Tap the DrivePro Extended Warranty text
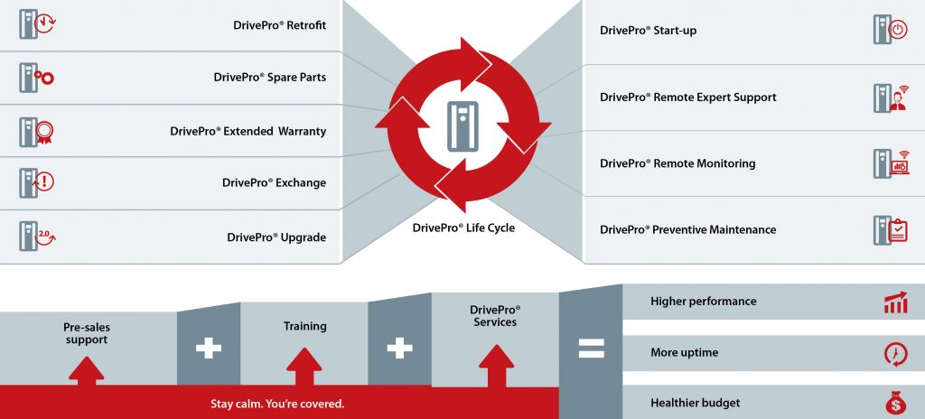[248, 131]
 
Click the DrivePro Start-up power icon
[889, 30]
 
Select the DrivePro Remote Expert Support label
[687, 98]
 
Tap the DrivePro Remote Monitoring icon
[891, 163]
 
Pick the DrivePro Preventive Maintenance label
[687, 230]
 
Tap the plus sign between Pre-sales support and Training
[209, 349]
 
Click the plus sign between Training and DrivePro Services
[399, 349]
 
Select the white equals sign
[591, 349]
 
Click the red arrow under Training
[304, 365]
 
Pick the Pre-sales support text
[86, 333]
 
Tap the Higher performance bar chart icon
[895, 303]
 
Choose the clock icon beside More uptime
[895, 353]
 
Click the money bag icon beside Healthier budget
[895, 404]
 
